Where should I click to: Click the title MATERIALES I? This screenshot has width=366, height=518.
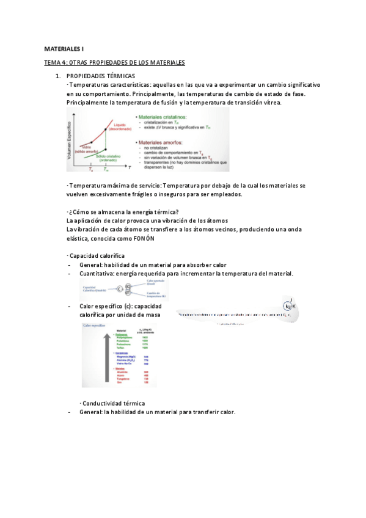point(64,48)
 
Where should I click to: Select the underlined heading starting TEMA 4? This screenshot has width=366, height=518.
point(114,62)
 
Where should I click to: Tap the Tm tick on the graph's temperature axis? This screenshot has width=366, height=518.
point(106,170)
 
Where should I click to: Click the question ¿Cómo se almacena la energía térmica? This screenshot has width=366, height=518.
point(122,212)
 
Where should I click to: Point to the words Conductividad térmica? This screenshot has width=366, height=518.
point(113,403)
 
